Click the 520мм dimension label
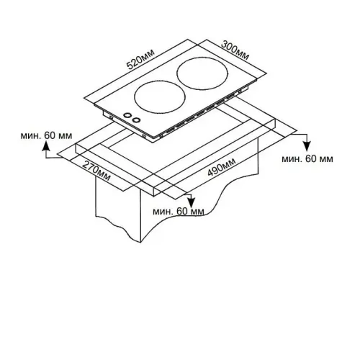click(x=140, y=59)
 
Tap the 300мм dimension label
click(x=235, y=50)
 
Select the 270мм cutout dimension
click(x=96, y=171)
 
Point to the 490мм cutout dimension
click(x=222, y=167)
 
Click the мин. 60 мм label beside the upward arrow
click(x=46, y=135)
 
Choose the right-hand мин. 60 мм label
click(x=307, y=159)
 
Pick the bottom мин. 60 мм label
click(x=179, y=212)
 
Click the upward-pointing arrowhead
click(x=46, y=146)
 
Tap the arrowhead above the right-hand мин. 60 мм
click(x=307, y=146)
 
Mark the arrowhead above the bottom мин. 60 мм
click(x=191, y=202)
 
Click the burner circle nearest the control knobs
click(x=160, y=96)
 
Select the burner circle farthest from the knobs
click(x=202, y=73)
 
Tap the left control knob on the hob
click(x=127, y=115)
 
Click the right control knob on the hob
click(x=137, y=120)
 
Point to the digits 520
click(x=135, y=63)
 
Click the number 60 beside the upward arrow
click(x=50, y=135)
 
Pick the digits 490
click(x=215, y=170)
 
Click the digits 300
click(x=229, y=47)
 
